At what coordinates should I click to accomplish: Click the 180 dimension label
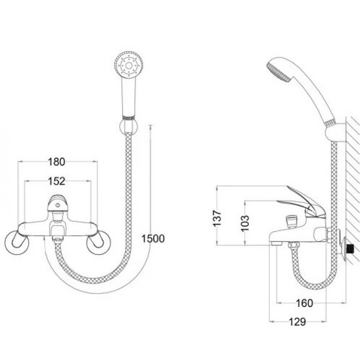[x=56, y=162]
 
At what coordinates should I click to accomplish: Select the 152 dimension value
[x=56, y=181]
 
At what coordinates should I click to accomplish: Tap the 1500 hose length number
[x=153, y=239]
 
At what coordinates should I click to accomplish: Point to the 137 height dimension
[x=217, y=218]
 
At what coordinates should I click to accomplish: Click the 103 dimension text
[x=245, y=223]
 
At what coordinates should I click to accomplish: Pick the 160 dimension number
[x=305, y=303]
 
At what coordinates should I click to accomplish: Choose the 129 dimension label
[x=297, y=322]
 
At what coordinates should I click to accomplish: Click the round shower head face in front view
[x=129, y=66]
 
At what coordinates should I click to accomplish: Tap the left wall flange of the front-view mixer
[x=17, y=243]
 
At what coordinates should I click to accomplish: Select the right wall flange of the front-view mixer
[x=98, y=243]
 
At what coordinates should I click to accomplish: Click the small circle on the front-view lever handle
[x=57, y=205]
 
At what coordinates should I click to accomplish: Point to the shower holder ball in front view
[x=128, y=126]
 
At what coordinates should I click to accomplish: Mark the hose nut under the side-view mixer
[x=294, y=246]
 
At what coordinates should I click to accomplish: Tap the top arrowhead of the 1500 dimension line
[x=151, y=126]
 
